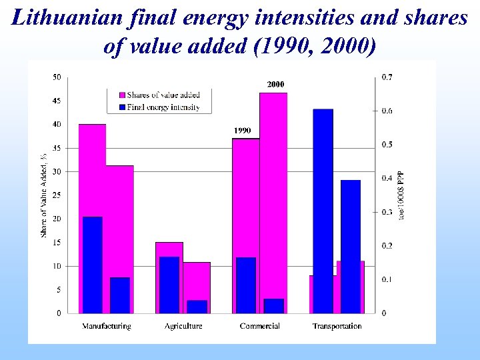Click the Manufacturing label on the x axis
(x=107, y=326)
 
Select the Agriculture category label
(x=183, y=326)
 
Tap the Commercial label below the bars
(x=259, y=326)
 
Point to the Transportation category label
(x=337, y=326)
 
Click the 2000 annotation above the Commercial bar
(x=276, y=85)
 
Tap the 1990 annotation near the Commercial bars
(x=242, y=131)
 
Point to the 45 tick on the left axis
(x=57, y=101)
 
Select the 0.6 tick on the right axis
(x=387, y=111)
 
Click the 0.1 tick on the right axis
(x=387, y=279)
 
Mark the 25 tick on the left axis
(x=57, y=195)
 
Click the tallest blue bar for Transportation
(x=323, y=211)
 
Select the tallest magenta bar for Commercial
(x=273, y=200)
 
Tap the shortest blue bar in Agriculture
(x=197, y=307)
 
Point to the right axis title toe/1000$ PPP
(x=401, y=196)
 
